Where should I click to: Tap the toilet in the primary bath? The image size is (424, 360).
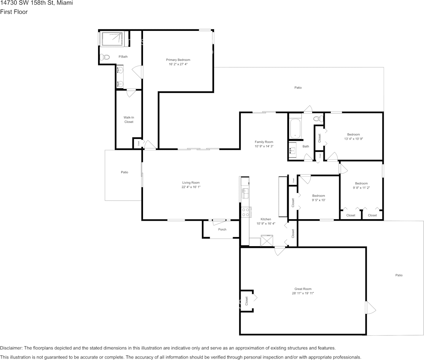(x=105, y=57)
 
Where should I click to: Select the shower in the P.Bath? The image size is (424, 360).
(x=113, y=39)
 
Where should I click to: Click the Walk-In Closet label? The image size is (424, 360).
(x=129, y=119)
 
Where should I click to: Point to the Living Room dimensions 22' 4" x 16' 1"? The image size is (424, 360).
(x=191, y=187)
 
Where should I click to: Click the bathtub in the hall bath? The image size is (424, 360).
(x=295, y=129)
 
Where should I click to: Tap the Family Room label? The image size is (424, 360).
(x=264, y=142)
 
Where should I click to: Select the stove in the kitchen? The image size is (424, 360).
(x=245, y=212)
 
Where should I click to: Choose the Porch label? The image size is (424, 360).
(x=222, y=229)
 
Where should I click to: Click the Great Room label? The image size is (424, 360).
(x=303, y=289)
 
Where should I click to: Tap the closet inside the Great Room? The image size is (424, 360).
(x=246, y=301)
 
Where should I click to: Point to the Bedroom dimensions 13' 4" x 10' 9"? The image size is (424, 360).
(x=353, y=139)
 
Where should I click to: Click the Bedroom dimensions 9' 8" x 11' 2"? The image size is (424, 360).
(x=361, y=188)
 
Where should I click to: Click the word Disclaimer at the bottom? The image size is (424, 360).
(x=11, y=348)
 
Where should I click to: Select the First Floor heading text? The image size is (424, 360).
(x=14, y=12)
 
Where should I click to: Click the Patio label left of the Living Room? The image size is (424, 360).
(x=124, y=172)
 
